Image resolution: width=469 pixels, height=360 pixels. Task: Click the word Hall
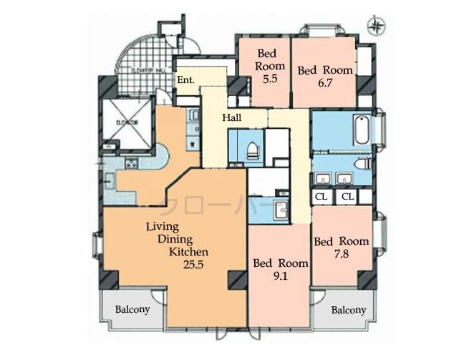coord(231,118)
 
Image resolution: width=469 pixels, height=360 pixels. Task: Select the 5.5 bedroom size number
coord(270,80)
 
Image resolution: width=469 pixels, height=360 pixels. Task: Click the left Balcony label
coord(132,310)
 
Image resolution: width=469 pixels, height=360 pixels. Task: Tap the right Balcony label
coord(349,310)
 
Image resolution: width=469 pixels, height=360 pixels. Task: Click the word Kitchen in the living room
coord(188,252)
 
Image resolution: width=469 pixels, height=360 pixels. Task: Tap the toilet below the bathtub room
coord(363,163)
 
